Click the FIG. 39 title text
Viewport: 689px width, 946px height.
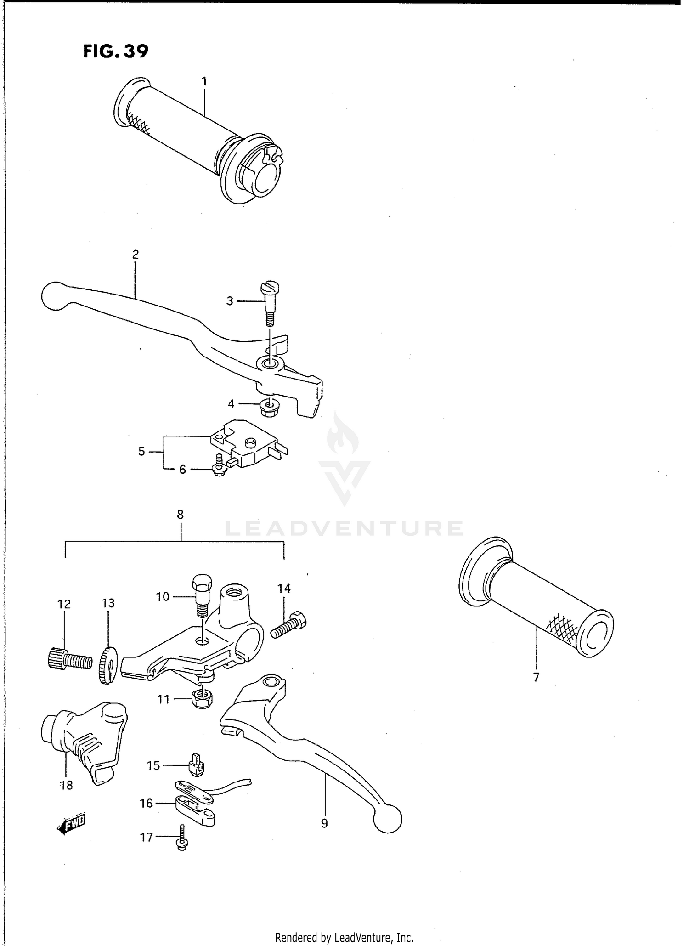point(116,51)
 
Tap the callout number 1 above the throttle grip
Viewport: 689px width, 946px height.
point(204,82)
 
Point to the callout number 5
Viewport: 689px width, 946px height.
point(142,452)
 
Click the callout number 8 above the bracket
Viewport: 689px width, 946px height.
point(180,515)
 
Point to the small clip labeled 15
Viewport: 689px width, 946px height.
point(197,765)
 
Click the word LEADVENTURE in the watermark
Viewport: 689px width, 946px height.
point(344,528)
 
